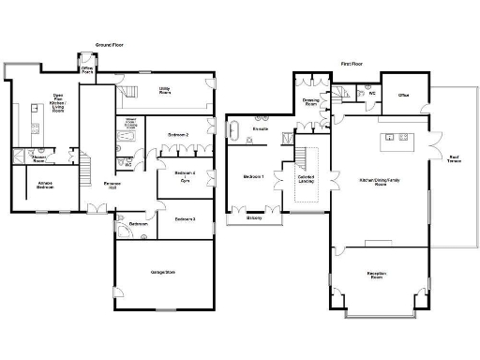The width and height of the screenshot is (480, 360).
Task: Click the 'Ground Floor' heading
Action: [112, 45]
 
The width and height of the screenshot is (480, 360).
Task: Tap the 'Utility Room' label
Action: [163, 91]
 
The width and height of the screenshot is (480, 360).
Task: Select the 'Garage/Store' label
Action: [164, 273]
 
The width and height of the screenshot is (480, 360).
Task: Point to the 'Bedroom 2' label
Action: [178, 135]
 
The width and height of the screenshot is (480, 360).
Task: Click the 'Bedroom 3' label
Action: [185, 218]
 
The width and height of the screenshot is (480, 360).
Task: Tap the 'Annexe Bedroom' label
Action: [45, 185]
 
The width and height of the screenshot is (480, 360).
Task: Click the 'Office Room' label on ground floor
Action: [87, 70]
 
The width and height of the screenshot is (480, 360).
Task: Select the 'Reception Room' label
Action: [378, 276]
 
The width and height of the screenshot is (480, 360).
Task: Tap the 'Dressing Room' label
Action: [311, 102]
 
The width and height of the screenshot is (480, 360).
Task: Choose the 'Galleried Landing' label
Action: [307, 179]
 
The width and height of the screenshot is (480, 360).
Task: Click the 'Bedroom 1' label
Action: [253, 176]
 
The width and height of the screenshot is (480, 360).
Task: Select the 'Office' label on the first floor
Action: [403, 96]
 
